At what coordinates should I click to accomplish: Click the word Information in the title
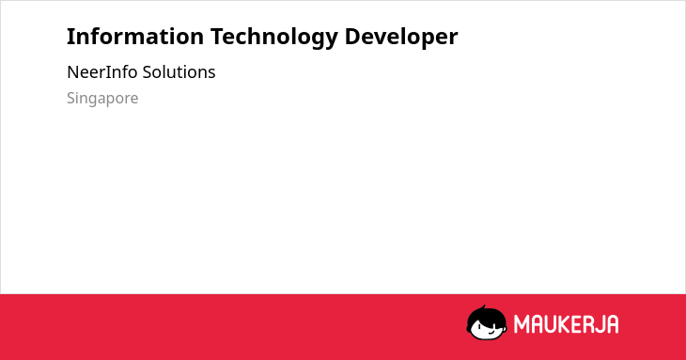[135, 37]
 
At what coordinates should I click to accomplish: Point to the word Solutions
[179, 71]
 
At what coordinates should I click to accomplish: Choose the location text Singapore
[102, 99]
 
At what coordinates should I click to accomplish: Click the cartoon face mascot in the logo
[487, 323]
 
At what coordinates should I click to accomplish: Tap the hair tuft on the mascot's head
[483, 307]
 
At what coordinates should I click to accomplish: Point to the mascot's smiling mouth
[491, 332]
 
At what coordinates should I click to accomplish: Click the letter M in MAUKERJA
[522, 324]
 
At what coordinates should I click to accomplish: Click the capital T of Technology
[217, 37]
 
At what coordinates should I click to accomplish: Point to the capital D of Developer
[352, 37]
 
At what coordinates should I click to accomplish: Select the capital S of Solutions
[148, 72]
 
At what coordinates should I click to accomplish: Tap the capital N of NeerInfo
[72, 72]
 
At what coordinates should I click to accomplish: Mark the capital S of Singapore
[71, 98]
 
